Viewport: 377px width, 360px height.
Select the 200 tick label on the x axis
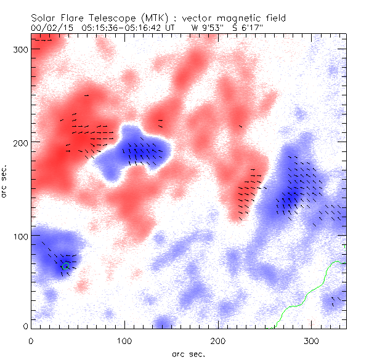(217, 340)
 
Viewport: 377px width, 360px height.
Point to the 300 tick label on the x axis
(311, 340)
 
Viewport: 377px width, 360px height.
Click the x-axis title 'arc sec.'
(188, 354)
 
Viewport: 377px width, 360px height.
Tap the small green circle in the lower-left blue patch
(65, 266)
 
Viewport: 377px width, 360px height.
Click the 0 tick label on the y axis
(25, 326)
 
